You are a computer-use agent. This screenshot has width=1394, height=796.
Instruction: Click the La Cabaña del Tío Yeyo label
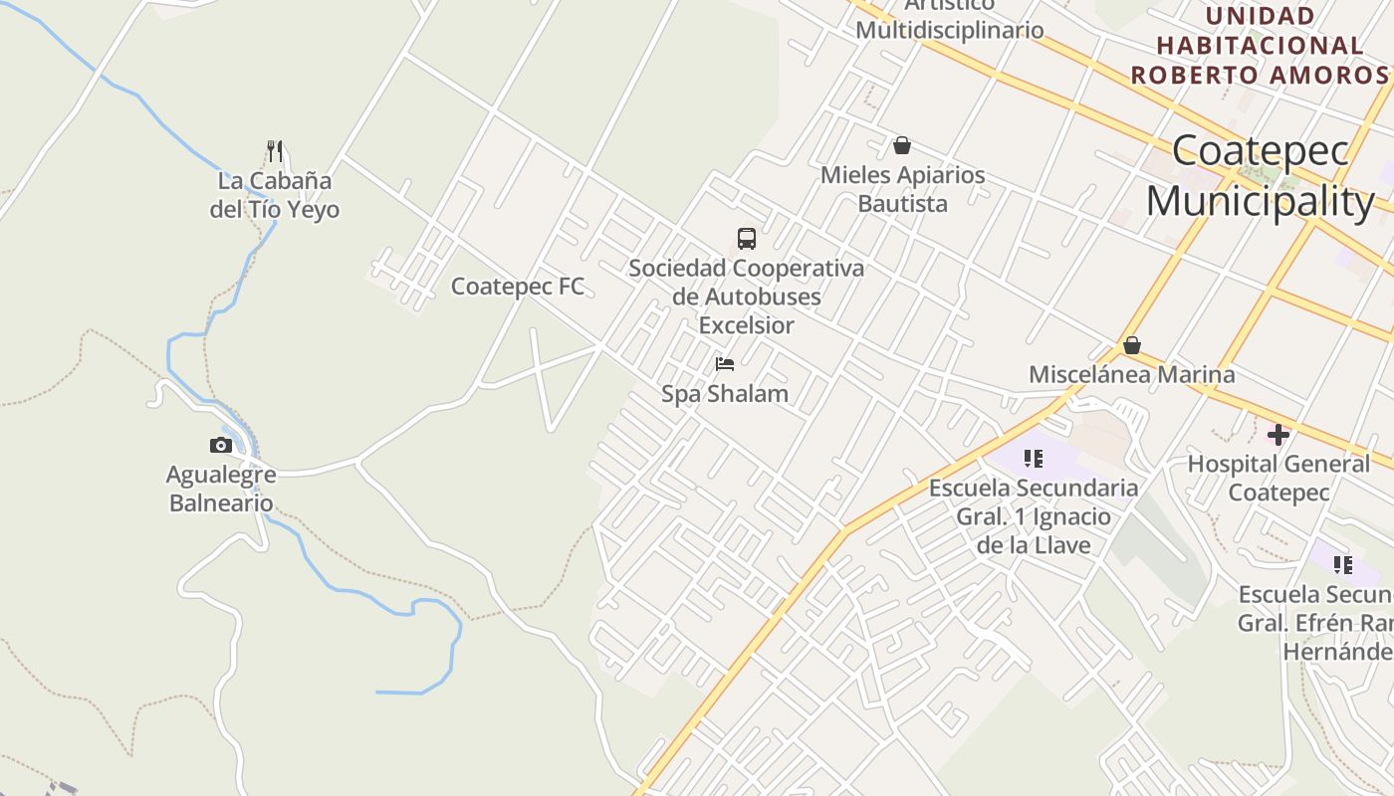tap(274, 195)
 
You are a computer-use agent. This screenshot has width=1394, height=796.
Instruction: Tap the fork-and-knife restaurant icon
tap(275, 151)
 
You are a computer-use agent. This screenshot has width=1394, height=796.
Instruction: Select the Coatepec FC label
tap(518, 287)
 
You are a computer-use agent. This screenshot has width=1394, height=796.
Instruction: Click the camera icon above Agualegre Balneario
tap(221, 445)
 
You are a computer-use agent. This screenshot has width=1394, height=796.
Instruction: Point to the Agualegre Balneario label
tap(221, 489)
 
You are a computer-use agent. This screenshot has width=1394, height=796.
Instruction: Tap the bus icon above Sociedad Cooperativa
tap(747, 239)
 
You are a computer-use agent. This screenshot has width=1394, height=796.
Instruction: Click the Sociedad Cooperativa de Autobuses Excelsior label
tap(747, 297)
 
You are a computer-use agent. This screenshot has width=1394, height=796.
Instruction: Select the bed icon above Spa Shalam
tap(725, 364)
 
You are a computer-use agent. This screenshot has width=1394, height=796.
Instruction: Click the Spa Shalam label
tap(725, 394)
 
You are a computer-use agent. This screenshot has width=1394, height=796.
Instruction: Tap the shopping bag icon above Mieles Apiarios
tap(902, 146)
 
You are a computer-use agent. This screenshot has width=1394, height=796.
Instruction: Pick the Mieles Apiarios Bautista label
tap(902, 189)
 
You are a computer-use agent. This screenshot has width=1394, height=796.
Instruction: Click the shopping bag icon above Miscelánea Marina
tap(1132, 346)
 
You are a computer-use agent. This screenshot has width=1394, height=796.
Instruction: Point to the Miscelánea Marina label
tap(1132, 375)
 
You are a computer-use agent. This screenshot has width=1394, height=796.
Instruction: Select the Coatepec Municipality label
tap(1261, 176)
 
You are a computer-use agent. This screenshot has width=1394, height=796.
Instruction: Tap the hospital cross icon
tap(1278, 434)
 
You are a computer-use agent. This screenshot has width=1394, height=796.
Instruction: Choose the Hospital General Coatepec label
tap(1278, 478)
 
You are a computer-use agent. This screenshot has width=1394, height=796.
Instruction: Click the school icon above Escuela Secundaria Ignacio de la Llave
tap(1034, 459)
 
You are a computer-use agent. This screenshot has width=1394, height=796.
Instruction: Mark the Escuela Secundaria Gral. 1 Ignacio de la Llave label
tap(1034, 516)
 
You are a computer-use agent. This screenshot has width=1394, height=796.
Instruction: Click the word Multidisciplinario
tap(950, 30)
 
